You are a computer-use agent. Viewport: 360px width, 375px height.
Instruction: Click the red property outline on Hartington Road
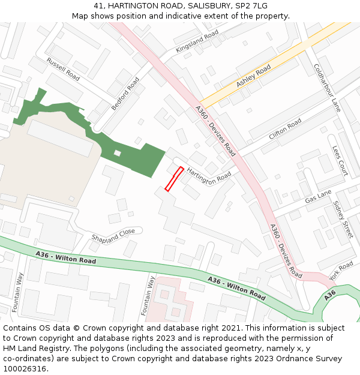tap(174, 179)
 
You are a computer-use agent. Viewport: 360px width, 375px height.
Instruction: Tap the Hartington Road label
tap(208, 176)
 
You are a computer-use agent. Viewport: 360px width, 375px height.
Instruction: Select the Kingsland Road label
tap(197, 42)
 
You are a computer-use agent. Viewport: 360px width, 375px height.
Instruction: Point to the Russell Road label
tap(63, 69)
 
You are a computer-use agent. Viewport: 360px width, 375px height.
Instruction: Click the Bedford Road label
tap(125, 94)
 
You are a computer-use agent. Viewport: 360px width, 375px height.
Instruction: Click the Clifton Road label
tap(285, 130)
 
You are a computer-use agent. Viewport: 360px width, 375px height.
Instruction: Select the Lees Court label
tap(340, 160)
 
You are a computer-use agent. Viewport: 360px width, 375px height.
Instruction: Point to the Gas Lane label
tap(318, 196)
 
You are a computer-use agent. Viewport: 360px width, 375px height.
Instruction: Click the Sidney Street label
tap(343, 220)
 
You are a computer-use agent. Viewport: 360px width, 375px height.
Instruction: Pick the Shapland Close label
tap(113, 235)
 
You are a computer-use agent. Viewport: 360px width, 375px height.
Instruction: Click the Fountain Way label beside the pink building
tap(148, 296)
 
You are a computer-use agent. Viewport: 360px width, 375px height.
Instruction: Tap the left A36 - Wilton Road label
tap(66, 257)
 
